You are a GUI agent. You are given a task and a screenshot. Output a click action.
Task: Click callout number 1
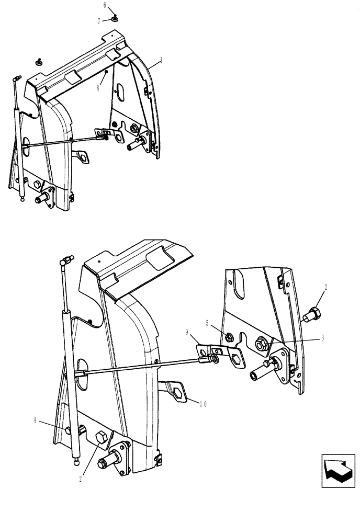tap(161, 60)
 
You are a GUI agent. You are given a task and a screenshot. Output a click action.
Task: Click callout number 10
tap(203, 403)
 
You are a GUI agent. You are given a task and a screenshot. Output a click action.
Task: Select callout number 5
tap(208, 323)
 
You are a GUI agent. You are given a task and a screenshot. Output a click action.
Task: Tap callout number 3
tap(322, 338)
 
